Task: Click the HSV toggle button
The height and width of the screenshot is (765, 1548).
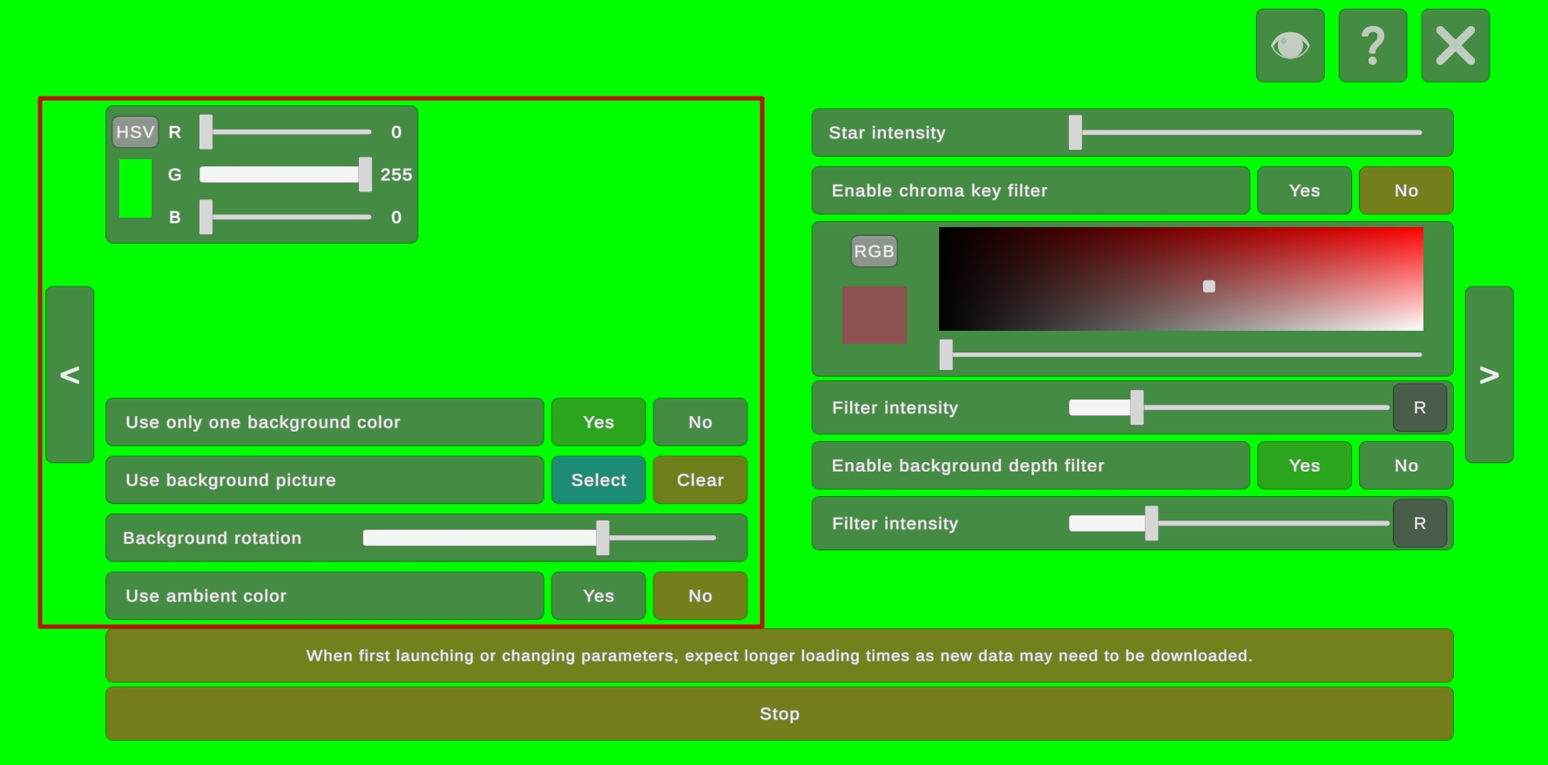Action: (135, 132)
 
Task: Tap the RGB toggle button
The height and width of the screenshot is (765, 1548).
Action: (874, 252)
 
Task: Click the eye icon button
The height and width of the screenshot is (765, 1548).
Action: (1290, 45)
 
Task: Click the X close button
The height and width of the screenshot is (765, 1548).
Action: (1455, 45)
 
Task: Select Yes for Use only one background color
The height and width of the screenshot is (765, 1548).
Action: (598, 422)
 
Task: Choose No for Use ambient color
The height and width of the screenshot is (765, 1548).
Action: (700, 596)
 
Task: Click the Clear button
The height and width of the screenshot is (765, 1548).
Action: (700, 480)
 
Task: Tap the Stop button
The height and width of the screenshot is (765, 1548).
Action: (779, 714)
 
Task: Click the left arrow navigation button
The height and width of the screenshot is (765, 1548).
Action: (70, 374)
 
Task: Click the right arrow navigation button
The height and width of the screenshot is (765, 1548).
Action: (1489, 374)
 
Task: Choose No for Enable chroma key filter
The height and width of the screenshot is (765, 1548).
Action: (1406, 191)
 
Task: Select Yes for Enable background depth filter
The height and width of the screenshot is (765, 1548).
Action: (1304, 466)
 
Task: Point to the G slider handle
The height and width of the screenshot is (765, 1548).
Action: (365, 175)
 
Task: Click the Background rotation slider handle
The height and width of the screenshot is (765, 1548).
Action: (603, 538)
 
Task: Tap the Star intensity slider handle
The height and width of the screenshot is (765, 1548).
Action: (1076, 132)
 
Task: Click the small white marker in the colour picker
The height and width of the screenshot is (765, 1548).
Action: (1209, 286)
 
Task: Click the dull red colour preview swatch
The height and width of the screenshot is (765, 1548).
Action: (875, 315)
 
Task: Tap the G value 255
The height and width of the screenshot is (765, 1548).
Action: (396, 175)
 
